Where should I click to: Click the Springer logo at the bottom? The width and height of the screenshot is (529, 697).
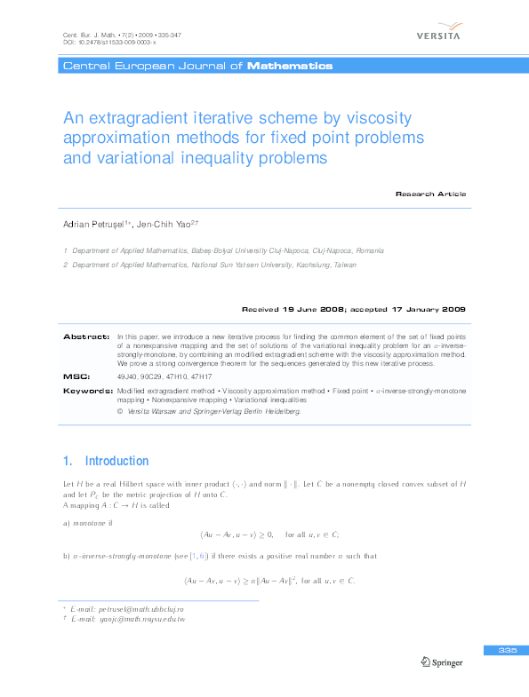(x=443, y=661)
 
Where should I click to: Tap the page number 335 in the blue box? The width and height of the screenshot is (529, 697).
(x=508, y=651)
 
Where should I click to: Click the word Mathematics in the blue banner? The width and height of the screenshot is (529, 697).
(x=290, y=66)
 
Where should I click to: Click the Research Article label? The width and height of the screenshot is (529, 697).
(x=430, y=194)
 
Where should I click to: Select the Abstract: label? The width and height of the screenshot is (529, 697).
(x=85, y=337)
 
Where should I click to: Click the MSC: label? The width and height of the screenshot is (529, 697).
(x=76, y=377)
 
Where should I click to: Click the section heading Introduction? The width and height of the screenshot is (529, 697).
(x=116, y=461)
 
